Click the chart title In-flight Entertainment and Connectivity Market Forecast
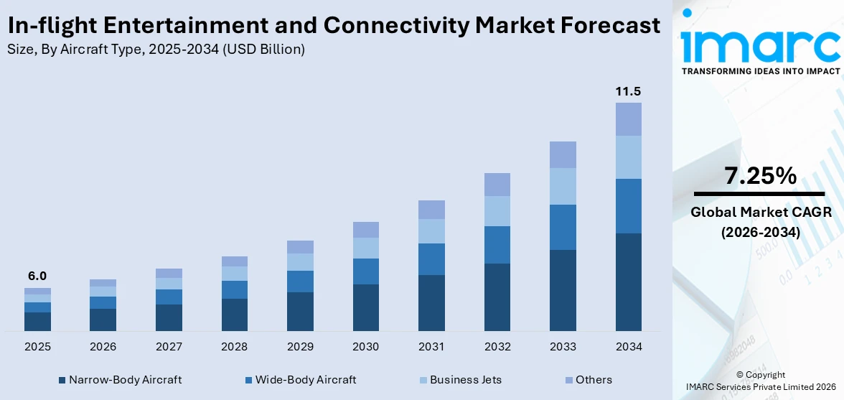(334, 25)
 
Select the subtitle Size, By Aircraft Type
(156, 50)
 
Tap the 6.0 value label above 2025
(37, 276)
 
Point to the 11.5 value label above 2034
(628, 91)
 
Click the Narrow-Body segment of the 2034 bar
(628, 282)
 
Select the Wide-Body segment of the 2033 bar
(563, 227)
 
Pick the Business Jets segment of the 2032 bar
(497, 211)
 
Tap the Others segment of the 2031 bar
(431, 210)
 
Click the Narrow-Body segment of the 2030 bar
(365, 307)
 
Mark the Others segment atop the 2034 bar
(628, 119)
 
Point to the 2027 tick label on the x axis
(169, 347)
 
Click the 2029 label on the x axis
(300, 347)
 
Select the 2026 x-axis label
(103, 347)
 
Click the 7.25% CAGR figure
(760, 176)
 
